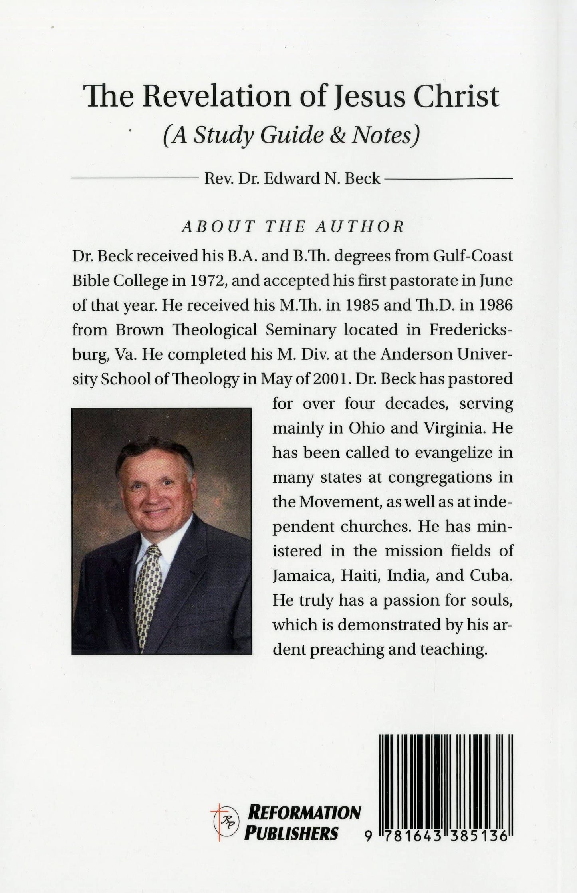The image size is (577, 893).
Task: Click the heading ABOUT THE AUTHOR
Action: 293,227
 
